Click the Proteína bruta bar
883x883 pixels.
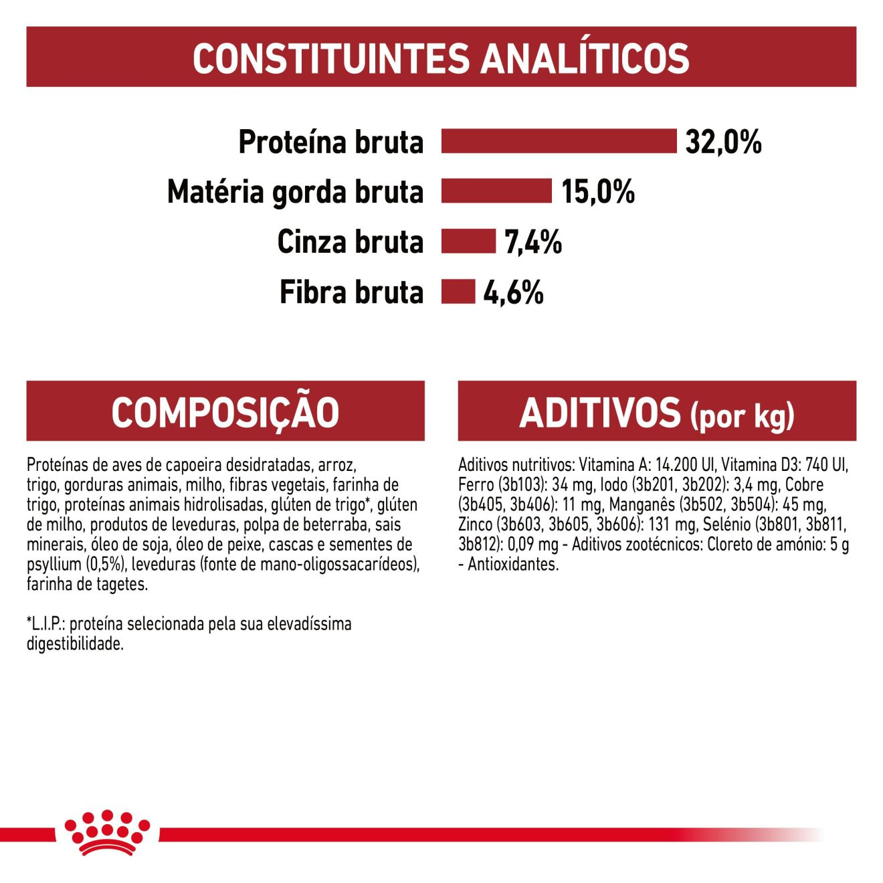[x=559, y=141]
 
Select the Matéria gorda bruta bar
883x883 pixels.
[x=496, y=191]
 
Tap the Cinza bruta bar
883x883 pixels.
[x=468, y=241]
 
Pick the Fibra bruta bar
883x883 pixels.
[x=458, y=292]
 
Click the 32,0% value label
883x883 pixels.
[x=723, y=142]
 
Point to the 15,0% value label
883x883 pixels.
[x=598, y=192]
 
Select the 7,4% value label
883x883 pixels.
[x=533, y=242]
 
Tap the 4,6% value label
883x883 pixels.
[x=513, y=292]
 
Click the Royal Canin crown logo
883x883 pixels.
[x=107, y=832]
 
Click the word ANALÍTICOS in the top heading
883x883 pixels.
[x=585, y=58]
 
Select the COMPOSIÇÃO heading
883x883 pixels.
[x=225, y=412]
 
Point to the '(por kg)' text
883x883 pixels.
[x=743, y=416]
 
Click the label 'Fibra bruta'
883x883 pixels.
[x=351, y=292]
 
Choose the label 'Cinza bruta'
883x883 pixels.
[x=350, y=242]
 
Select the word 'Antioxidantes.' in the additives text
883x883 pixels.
[x=513, y=565]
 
